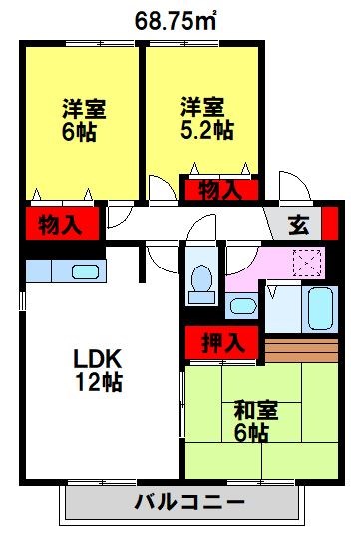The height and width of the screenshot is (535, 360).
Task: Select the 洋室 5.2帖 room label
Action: point(207,118)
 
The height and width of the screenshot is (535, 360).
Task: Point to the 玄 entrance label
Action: point(297,224)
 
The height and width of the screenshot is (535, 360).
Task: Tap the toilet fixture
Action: point(203,282)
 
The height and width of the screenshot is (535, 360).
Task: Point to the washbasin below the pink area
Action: point(241,305)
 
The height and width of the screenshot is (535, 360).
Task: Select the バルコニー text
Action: point(189,502)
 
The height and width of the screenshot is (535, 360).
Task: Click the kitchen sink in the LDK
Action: point(84,270)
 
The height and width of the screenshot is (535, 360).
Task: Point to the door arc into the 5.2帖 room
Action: point(160,190)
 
